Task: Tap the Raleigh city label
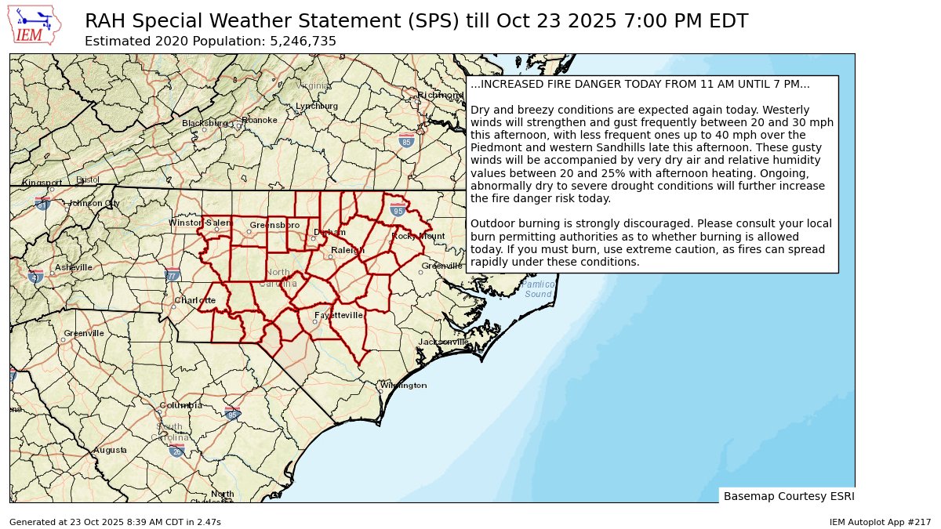(x=348, y=250)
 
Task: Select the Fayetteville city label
(x=339, y=315)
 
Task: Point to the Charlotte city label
(x=195, y=300)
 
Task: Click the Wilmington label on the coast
(x=404, y=386)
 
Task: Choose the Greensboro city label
(x=274, y=225)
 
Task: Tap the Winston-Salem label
(x=201, y=223)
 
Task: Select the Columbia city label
(x=180, y=405)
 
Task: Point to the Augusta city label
(x=110, y=450)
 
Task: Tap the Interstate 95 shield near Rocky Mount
(x=398, y=209)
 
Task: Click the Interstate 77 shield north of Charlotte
(x=173, y=275)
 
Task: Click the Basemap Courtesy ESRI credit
(x=788, y=496)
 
